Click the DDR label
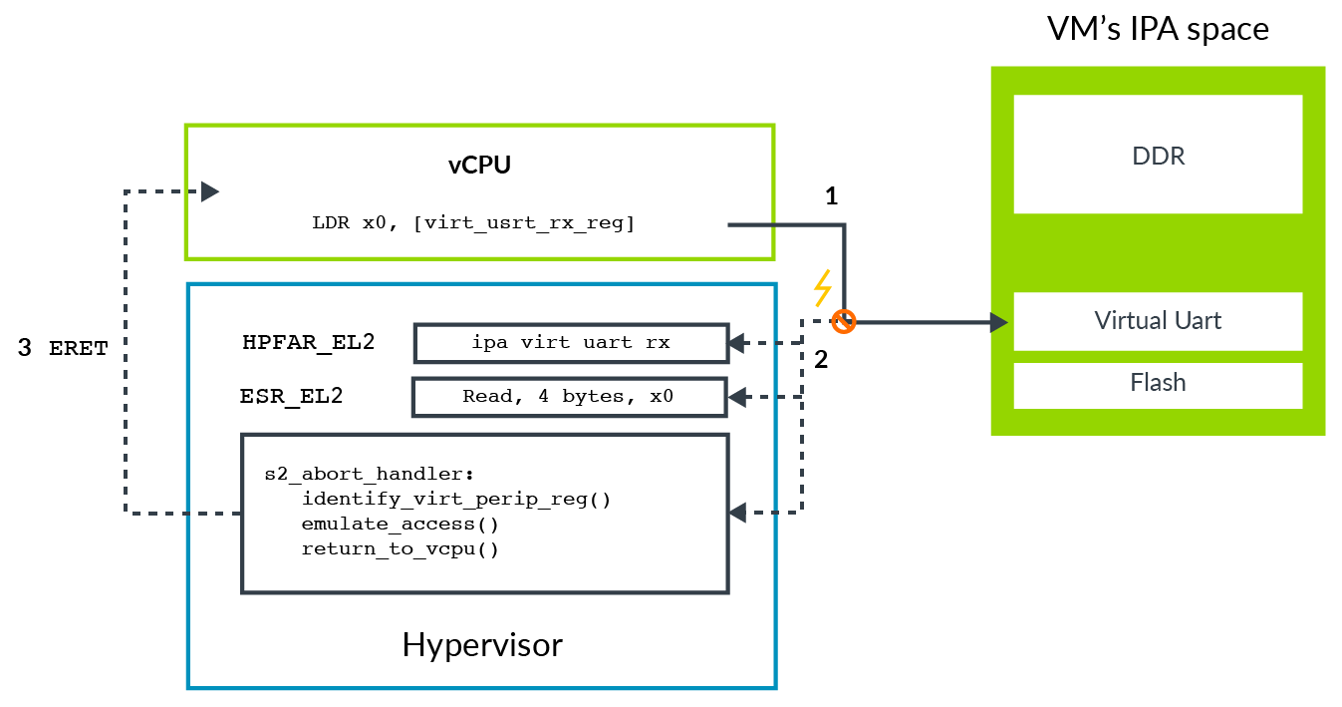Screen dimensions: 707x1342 point(1158,157)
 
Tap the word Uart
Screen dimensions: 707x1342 point(1198,321)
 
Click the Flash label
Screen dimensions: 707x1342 point(1158,383)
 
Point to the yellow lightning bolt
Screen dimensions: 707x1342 point(822,288)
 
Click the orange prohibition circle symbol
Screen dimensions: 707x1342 point(844,322)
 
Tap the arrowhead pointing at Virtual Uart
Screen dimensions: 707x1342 point(997,322)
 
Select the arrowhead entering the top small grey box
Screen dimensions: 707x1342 point(736,343)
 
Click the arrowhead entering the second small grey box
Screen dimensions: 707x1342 point(736,398)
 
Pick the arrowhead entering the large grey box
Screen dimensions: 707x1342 point(736,513)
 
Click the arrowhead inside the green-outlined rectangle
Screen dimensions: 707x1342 point(209,191)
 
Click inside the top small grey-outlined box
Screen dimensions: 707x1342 point(571,343)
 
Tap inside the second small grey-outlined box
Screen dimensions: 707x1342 point(569,397)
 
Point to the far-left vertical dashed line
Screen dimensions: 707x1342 point(126,349)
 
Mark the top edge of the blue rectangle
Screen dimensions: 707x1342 point(481,284)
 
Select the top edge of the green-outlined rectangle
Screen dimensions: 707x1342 point(479,126)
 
